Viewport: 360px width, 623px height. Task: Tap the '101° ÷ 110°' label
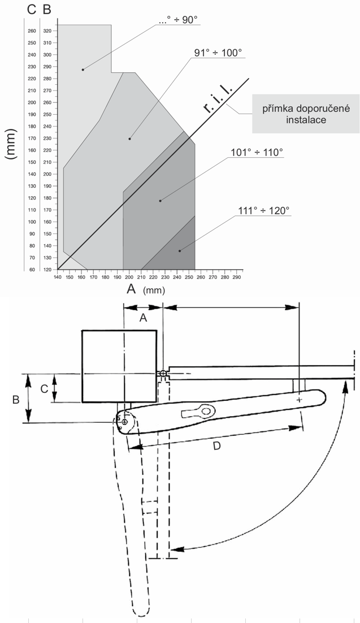(257, 152)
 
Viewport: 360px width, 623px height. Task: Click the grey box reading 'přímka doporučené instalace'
(305, 114)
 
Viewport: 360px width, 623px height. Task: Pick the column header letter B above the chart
(47, 10)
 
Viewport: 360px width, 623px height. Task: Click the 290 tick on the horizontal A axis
(237, 278)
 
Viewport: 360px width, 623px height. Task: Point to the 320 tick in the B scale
(47, 31)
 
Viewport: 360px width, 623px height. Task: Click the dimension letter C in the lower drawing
(45, 388)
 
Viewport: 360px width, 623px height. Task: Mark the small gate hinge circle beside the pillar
(163, 374)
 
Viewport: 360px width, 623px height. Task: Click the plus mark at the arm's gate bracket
(299, 400)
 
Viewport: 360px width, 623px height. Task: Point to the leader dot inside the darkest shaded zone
(180, 250)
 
